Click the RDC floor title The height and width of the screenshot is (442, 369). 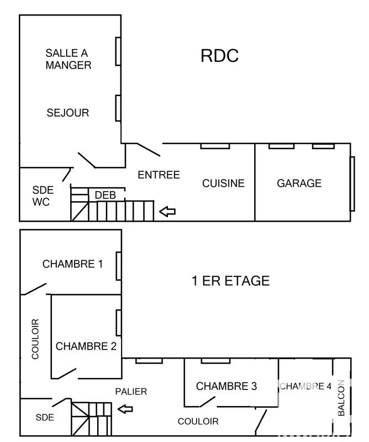[x=220, y=56]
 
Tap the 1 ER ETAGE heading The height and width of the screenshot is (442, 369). [x=230, y=281]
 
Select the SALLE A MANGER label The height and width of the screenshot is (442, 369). [x=68, y=59]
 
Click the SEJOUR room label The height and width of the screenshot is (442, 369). [x=68, y=113]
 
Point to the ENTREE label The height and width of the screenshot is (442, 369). [x=159, y=175]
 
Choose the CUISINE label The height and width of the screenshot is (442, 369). [x=223, y=183]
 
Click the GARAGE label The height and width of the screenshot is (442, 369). [x=299, y=183]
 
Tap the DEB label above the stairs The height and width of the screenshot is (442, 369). [x=105, y=195]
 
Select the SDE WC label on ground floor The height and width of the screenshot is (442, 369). [x=41, y=196]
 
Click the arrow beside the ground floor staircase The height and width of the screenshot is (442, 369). [x=167, y=211]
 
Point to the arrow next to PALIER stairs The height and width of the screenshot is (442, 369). [x=126, y=409]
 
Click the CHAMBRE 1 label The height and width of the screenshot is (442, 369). [x=72, y=264]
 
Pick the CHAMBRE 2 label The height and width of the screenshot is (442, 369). [x=86, y=346]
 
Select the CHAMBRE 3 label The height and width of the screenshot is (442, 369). [x=226, y=386]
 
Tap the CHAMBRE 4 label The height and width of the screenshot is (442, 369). [x=305, y=386]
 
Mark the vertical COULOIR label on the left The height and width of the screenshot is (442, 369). [x=35, y=339]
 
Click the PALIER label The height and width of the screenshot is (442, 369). [x=131, y=392]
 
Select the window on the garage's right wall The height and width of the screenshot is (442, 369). [x=352, y=183]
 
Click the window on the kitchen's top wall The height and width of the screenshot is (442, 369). [x=215, y=146]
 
